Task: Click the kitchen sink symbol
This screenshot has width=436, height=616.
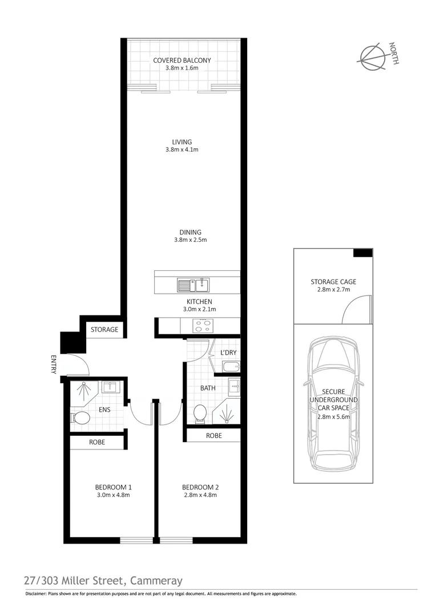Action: tap(193, 284)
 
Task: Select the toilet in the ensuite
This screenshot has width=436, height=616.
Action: tap(80, 419)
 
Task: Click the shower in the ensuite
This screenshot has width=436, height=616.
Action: tap(85, 391)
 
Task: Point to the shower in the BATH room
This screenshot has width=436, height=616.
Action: tap(228, 412)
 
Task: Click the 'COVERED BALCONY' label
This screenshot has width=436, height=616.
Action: tap(182, 60)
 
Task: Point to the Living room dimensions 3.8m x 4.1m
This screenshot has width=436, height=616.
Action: tap(182, 150)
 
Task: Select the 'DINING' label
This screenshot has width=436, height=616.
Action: tap(190, 232)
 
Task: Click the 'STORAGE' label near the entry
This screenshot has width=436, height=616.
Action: tap(104, 330)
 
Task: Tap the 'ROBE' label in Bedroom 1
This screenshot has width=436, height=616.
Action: tap(96, 442)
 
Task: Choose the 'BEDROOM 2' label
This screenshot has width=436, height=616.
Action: tap(200, 487)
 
